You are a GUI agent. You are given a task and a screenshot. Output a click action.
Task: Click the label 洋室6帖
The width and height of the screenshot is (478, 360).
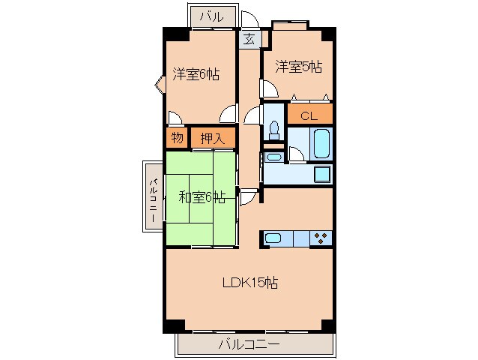196,74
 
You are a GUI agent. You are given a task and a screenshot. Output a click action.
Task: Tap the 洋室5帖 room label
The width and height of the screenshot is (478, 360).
297,67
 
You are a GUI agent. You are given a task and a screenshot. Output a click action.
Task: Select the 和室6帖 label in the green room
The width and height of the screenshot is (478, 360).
202,197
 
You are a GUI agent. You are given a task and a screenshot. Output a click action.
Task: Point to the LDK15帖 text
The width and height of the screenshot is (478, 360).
250,283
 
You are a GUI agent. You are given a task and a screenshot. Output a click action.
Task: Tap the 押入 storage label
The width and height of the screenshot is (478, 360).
212,138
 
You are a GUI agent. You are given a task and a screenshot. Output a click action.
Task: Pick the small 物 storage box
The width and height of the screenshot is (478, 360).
177,138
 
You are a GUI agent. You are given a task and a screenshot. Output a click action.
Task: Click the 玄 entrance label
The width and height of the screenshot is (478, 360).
248,39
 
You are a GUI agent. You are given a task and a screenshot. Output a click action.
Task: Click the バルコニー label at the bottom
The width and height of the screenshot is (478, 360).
249,345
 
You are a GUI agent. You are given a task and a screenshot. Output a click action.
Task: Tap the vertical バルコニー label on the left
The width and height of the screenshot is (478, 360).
152,198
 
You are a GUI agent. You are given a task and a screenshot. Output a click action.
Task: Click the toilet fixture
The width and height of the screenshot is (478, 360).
273,130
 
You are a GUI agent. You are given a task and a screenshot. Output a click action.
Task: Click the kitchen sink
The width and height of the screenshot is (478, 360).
273,238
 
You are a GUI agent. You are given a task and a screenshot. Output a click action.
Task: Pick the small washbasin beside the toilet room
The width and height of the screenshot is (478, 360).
272,157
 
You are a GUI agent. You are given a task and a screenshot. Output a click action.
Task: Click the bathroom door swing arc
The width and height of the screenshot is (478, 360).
297,154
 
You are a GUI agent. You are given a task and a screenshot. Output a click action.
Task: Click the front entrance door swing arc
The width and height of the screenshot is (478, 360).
252,21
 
